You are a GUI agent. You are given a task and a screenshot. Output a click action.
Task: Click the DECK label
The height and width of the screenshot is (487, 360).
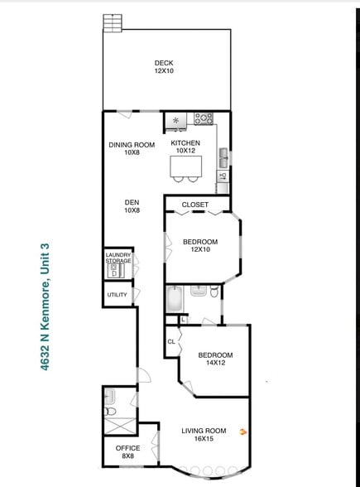click(x=164, y=63)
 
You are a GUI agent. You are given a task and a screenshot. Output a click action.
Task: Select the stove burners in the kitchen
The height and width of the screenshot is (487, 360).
click(x=204, y=119)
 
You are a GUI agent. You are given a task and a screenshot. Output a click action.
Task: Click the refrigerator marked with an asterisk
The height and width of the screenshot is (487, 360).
click(x=175, y=121)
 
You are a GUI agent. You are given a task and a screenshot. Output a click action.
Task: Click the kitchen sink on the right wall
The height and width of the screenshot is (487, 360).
click(x=223, y=156)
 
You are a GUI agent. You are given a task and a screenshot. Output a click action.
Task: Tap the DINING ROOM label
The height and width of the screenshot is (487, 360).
click(x=132, y=145)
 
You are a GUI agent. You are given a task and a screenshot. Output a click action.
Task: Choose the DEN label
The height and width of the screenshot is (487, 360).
click(x=132, y=201)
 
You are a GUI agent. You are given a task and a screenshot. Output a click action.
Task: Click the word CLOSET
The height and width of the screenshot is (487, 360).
click(x=194, y=205)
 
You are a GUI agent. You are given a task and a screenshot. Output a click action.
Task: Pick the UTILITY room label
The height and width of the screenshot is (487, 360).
click(x=117, y=294)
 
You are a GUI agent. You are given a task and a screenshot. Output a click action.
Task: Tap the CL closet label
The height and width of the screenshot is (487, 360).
click(x=171, y=340)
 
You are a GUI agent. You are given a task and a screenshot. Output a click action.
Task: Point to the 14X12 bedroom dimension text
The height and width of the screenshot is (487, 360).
click(x=215, y=362)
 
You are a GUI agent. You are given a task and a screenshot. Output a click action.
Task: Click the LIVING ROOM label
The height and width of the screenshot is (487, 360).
click(x=204, y=430)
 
